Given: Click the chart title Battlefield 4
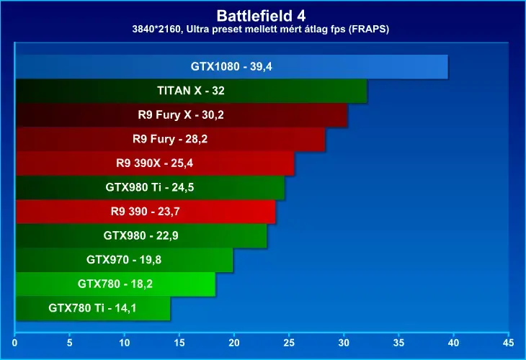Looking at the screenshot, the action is (261, 15).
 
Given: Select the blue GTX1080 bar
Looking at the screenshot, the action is (232, 67).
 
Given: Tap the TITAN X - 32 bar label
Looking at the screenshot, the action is (191, 91).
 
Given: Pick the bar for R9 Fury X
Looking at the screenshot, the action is (182, 115).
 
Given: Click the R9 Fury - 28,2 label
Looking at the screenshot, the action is (170, 139).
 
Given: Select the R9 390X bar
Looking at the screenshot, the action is (155, 163).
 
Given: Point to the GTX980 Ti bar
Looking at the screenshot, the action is (150, 187).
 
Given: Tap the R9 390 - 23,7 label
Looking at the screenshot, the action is (146, 212).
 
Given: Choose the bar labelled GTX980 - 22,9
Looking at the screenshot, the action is (141, 235).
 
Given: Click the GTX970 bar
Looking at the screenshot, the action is (124, 260).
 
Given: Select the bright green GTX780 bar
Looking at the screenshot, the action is (115, 284).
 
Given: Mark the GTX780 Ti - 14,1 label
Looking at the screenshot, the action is (92, 307).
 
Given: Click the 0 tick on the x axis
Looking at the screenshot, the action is (14, 343).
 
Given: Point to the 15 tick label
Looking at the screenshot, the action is (179, 343).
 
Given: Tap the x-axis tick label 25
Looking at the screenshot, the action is (289, 343).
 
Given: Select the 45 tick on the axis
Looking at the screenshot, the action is (508, 343).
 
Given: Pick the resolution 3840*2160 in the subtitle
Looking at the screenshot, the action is (157, 30).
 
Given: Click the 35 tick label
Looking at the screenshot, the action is (398, 343).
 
